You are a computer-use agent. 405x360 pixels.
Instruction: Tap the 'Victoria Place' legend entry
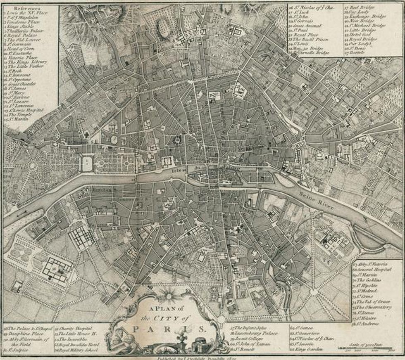click(22, 57)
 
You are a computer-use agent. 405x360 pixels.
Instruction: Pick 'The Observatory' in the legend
click(376, 307)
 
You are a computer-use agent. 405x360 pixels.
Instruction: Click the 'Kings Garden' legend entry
click(306, 349)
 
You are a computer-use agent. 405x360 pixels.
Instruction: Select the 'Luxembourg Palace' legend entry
click(254, 333)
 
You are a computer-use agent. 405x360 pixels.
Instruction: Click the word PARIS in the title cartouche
click(169, 329)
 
